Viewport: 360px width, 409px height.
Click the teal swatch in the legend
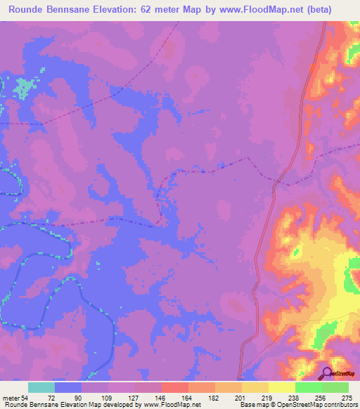click(41, 388)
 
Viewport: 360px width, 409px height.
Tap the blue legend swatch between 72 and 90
click(68, 388)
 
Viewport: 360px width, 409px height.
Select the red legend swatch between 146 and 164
click(175, 388)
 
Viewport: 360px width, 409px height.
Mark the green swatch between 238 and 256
click(308, 388)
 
